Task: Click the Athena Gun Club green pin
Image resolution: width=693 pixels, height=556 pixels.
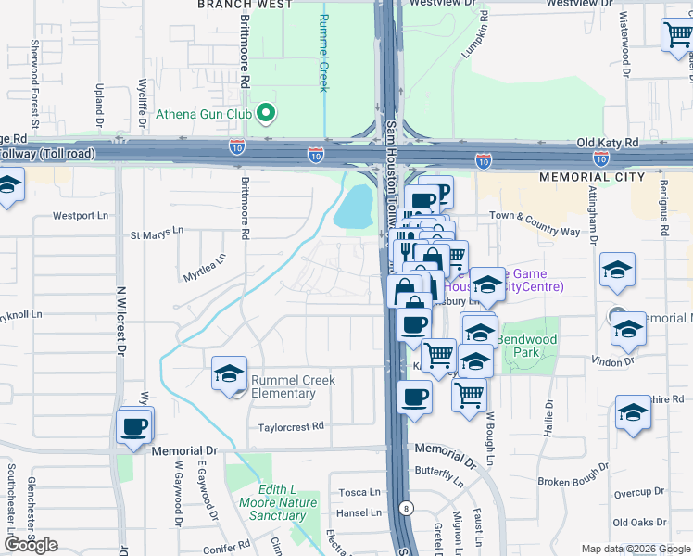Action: pos(266,114)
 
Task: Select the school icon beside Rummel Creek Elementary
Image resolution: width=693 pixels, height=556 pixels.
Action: pos(229,373)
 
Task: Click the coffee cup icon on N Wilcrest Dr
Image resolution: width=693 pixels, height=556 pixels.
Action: pos(135,426)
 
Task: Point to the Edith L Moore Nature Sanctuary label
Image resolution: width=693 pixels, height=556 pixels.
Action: pos(276,502)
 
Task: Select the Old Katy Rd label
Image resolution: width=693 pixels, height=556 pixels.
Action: pos(607,143)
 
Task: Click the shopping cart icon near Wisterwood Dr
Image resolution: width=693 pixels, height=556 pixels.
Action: pos(676,34)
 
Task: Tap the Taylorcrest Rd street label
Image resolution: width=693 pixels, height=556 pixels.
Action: pos(291,426)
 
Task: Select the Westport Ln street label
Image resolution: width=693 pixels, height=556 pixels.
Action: pos(75,216)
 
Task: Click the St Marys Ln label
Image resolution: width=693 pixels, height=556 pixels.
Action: pos(157,231)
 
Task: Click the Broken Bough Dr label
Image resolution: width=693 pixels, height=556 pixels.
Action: pos(573,482)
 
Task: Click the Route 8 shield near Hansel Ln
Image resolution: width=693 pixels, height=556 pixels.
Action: pos(405,507)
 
